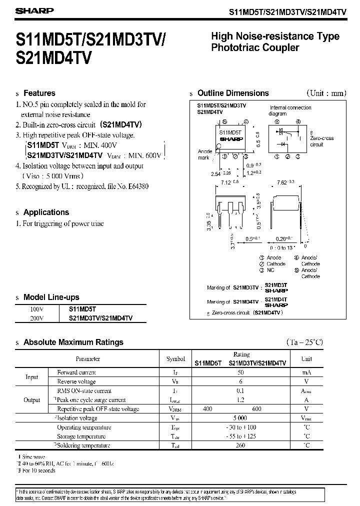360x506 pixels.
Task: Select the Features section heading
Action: [x=39, y=93]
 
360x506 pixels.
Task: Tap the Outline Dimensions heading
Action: [x=233, y=93]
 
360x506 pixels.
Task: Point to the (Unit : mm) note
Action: [x=326, y=93]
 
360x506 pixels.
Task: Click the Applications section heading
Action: [x=46, y=212]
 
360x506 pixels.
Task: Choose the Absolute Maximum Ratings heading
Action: [x=73, y=342]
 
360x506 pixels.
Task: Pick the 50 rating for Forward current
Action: [x=241, y=372]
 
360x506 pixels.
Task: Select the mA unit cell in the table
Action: [x=306, y=372]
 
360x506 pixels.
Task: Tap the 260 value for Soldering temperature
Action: [x=241, y=445]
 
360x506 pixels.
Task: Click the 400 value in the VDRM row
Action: [x=207, y=409]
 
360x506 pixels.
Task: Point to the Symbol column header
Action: [x=175, y=359]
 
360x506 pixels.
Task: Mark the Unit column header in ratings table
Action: [x=306, y=359]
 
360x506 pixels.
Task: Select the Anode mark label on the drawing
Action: [x=205, y=154]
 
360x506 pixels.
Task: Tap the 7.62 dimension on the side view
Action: [x=283, y=183]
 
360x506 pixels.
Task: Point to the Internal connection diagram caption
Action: [x=290, y=110]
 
